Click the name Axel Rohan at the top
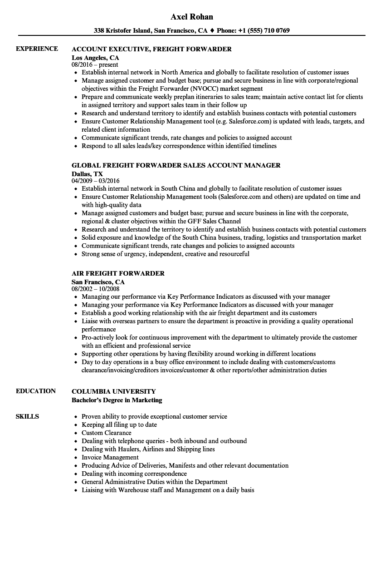click(192, 17)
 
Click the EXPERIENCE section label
click(37, 49)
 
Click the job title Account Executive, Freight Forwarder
click(151, 49)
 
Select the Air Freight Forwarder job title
click(118, 273)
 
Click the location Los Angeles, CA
click(95, 58)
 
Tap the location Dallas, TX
click(87, 174)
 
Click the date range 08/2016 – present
click(95, 64)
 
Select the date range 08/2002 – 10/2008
click(95, 289)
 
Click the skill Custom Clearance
click(106, 433)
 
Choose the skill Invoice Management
click(110, 457)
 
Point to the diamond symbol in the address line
click(212, 31)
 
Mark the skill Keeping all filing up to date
click(119, 425)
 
